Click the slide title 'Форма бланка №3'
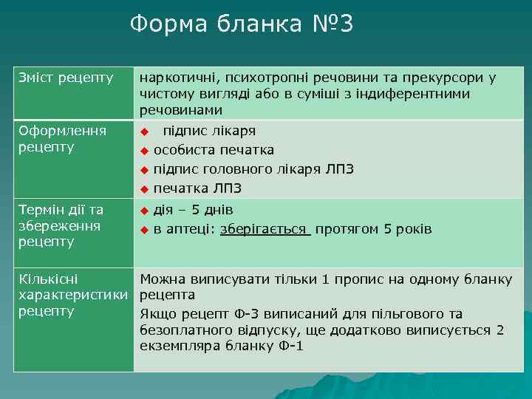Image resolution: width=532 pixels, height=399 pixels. [242, 24]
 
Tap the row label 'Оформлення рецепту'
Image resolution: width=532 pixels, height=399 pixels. [62, 139]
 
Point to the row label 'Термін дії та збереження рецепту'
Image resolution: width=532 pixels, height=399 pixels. [61, 225]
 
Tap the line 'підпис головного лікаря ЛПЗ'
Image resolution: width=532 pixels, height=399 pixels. [253, 169]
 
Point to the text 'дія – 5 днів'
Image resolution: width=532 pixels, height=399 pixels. [193, 210]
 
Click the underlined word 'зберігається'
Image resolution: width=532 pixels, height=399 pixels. [265, 229]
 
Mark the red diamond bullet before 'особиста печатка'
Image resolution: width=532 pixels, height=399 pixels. [146, 151]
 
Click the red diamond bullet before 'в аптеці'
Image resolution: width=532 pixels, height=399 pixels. [146, 230]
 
